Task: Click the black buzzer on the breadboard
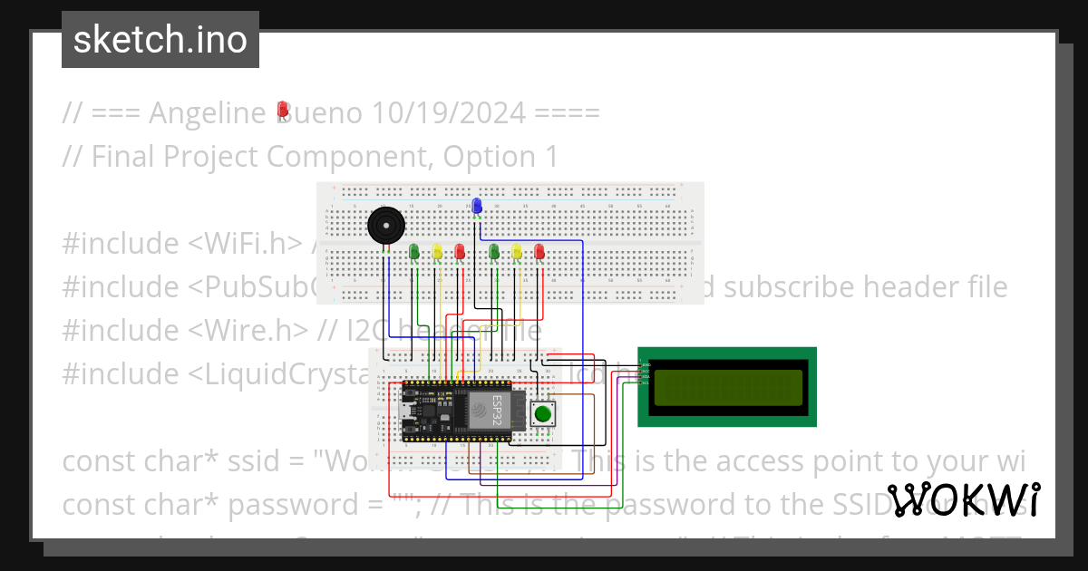point(384,225)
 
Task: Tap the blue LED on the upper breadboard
point(477,206)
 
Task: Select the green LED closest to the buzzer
point(414,251)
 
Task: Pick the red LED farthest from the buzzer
point(539,251)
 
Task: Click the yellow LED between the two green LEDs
point(437,251)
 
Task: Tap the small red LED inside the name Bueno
point(283,111)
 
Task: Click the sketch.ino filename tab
point(160,40)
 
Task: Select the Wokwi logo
point(964,500)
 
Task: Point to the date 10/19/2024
point(449,113)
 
